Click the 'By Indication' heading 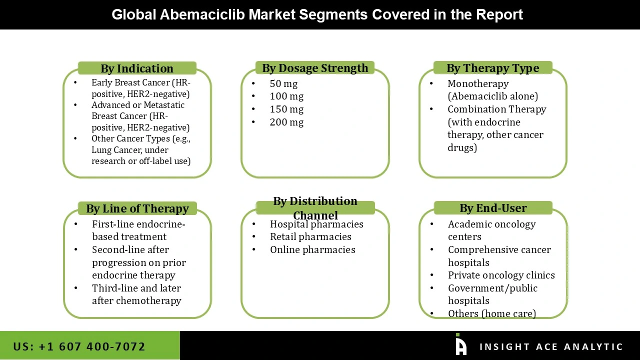point(137,68)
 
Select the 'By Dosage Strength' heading point(315,68)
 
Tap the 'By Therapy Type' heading point(493,68)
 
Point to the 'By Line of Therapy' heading point(137,208)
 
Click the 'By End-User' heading point(493,208)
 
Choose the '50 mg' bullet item point(283,83)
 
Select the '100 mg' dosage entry point(286,96)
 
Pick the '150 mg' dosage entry point(286,109)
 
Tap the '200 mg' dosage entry point(286,122)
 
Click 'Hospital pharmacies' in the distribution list point(316,224)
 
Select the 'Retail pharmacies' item point(310,237)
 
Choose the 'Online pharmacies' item point(312,249)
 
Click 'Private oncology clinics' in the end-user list point(501,275)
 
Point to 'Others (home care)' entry point(492,313)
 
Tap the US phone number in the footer point(79,346)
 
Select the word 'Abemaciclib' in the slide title point(202,14)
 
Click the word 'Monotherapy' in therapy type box point(478,83)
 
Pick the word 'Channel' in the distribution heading point(315,215)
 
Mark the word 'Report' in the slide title point(499,15)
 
